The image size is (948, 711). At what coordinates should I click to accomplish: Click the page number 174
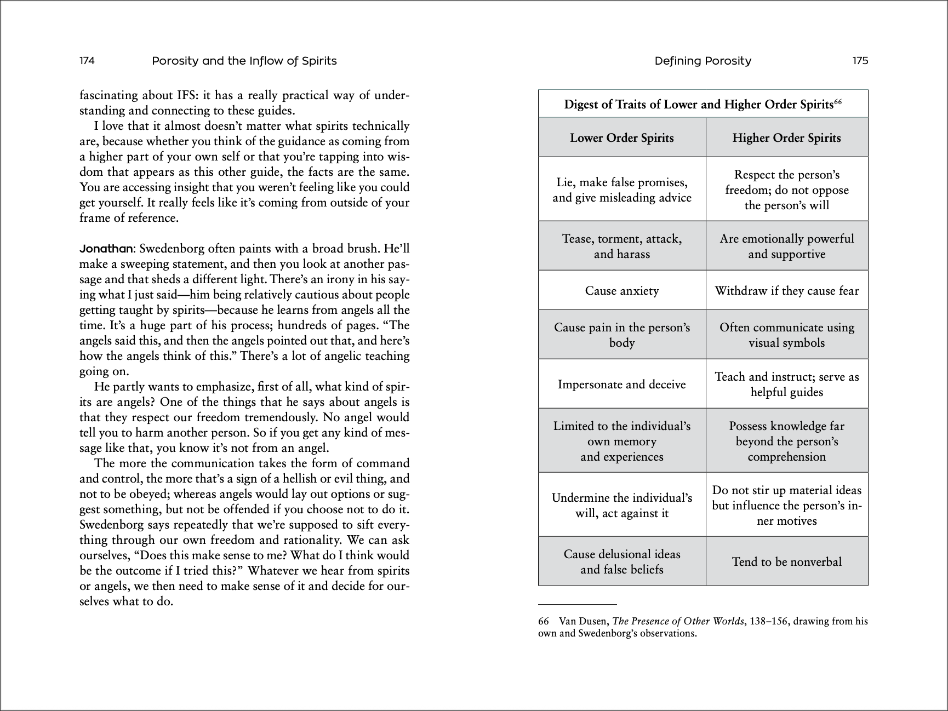click(87, 61)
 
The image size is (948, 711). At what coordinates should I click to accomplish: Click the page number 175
click(860, 61)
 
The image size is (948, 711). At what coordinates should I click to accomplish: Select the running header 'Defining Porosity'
click(703, 61)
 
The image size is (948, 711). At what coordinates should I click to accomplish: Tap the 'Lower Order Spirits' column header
click(621, 138)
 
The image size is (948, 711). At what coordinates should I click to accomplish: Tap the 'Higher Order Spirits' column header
click(786, 138)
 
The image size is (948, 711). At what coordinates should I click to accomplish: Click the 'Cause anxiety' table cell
click(621, 291)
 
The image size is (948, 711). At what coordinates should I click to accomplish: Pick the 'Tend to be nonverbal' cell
click(786, 561)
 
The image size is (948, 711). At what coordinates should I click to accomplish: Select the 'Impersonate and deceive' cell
click(621, 385)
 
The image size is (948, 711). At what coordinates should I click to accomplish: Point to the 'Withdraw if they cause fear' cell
click(786, 291)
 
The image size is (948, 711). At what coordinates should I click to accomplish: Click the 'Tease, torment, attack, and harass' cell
click(621, 246)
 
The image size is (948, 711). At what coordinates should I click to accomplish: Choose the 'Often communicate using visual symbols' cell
click(786, 335)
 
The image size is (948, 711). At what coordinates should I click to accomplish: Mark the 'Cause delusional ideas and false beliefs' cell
click(621, 562)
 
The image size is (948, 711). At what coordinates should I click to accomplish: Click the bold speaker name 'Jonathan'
click(106, 249)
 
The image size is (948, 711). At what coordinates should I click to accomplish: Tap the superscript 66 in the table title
click(838, 102)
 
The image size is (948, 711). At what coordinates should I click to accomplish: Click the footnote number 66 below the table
click(544, 621)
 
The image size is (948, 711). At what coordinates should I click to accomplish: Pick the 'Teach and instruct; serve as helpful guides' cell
click(786, 385)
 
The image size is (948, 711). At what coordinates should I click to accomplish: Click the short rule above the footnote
click(577, 604)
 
